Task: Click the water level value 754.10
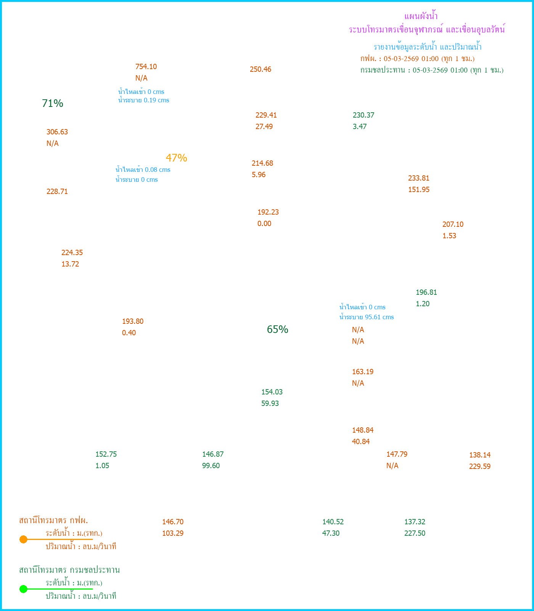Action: click(x=146, y=67)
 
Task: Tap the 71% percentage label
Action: click(x=53, y=103)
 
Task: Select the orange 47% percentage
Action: click(x=176, y=158)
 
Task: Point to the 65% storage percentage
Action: click(x=277, y=330)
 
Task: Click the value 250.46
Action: click(x=261, y=70)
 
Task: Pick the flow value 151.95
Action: click(x=419, y=190)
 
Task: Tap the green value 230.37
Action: click(x=364, y=115)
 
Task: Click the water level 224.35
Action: click(x=72, y=253)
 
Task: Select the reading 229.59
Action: click(x=480, y=467)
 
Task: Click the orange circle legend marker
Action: click(x=23, y=540)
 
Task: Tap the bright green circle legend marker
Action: click(x=23, y=589)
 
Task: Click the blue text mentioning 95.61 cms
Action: click(x=367, y=317)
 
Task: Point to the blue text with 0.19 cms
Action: click(x=144, y=100)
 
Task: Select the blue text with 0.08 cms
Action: click(x=143, y=170)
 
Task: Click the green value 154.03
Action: click(x=272, y=392)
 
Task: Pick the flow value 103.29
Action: click(x=173, y=533)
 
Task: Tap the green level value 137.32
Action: click(x=415, y=522)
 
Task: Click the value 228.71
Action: click(x=57, y=192)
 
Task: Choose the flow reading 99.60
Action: click(x=211, y=466)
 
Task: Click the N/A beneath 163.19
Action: click(x=358, y=383)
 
